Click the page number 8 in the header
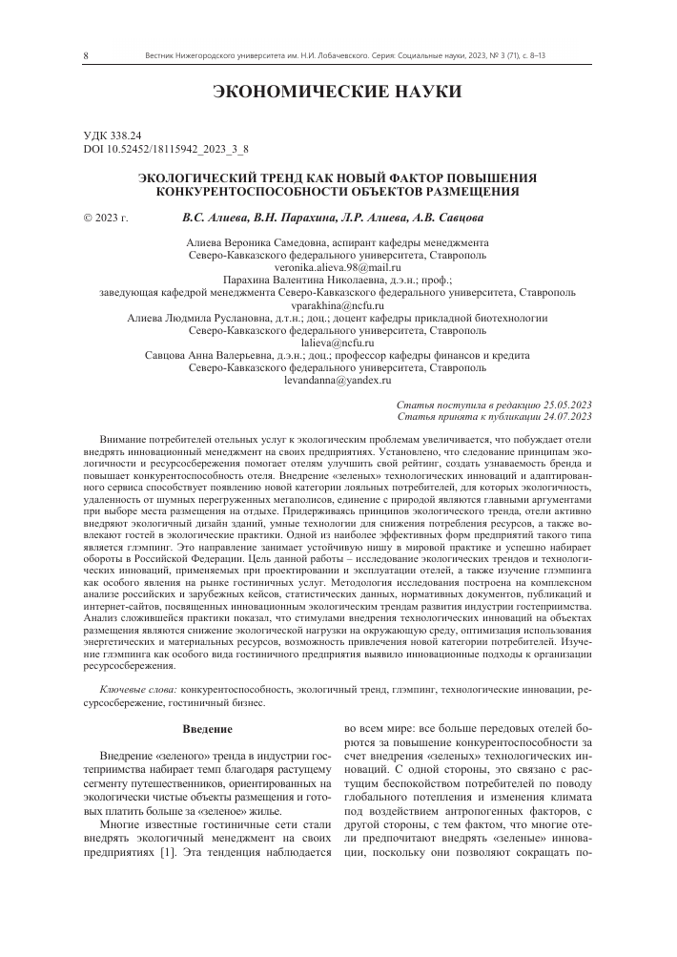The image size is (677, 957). pos(87,56)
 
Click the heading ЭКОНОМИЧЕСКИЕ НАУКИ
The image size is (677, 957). pos(338,93)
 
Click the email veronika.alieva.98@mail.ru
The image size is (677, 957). pos(338,269)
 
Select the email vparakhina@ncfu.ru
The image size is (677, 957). pos(338,305)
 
